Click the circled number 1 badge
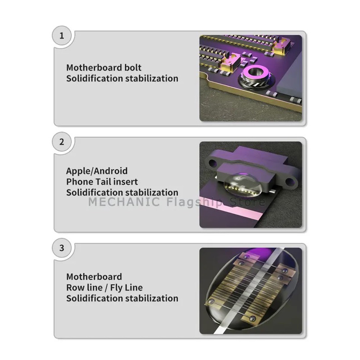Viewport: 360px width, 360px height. [62, 36]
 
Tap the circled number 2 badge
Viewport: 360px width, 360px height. [62, 142]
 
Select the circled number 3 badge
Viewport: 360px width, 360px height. [62, 248]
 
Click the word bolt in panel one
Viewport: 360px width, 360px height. [133, 67]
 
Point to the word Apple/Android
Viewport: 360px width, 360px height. [97, 171]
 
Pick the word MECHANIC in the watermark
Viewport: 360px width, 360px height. [124, 202]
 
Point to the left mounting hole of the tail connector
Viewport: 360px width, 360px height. [212, 163]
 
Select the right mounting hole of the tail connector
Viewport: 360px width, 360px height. [290, 182]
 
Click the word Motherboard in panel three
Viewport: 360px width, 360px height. [94, 277]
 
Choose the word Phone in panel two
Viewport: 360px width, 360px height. [80, 182]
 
